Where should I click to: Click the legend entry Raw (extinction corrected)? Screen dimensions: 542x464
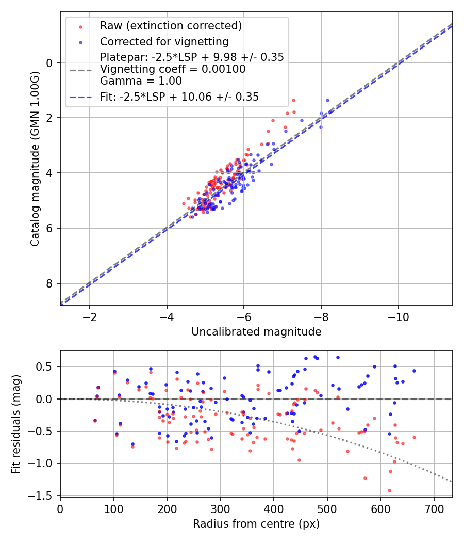tap(171, 26)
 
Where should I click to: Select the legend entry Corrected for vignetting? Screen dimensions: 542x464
tap(164, 42)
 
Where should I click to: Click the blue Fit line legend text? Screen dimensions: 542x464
tap(179, 97)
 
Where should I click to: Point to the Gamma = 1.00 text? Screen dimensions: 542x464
tap(141, 81)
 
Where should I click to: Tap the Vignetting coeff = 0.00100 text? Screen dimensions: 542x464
tap(173, 69)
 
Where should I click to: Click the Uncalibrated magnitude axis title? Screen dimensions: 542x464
tap(256, 332)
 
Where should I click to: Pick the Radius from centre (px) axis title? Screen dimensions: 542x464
tap(256, 524)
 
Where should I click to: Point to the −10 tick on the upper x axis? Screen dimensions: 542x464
tap(398, 315)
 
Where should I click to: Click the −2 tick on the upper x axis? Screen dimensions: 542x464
tap(90, 315)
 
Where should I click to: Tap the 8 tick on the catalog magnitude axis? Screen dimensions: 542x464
tap(50, 283)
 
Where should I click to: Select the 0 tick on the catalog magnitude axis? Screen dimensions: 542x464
tap(50, 63)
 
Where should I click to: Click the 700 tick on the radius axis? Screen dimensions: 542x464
tap(434, 509)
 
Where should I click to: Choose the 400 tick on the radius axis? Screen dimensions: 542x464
tap(274, 509)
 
